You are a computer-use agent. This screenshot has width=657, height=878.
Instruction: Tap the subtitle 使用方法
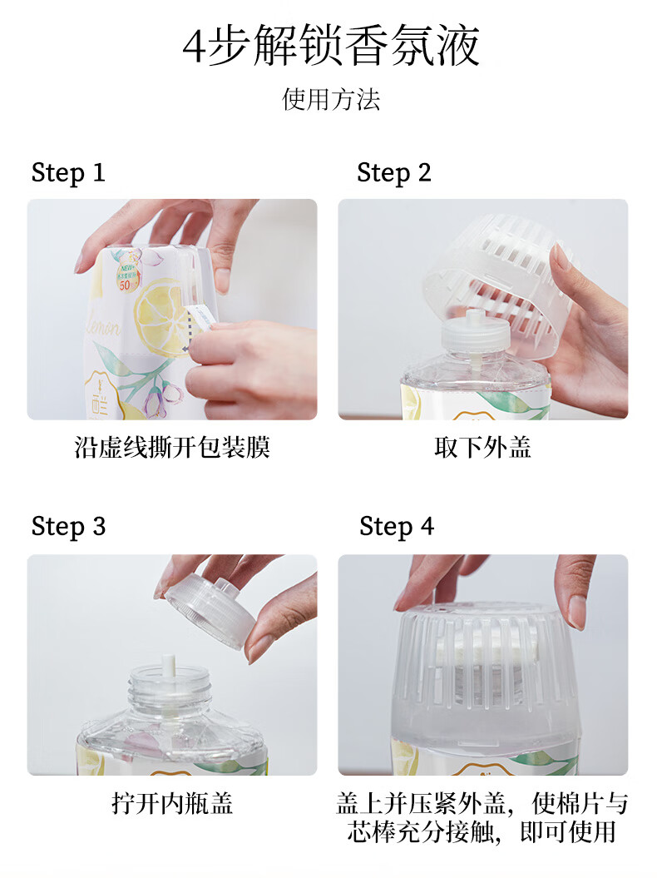[331, 100]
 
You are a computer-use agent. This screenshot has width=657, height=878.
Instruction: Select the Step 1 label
[68, 172]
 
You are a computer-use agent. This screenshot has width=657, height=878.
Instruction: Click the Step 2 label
[394, 172]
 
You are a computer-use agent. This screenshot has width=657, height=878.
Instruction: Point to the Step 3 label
[68, 526]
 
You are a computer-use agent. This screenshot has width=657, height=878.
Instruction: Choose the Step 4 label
[396, 526]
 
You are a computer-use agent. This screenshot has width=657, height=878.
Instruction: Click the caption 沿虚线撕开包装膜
[172, 448]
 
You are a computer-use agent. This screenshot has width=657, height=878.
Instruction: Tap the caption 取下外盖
[482, 448]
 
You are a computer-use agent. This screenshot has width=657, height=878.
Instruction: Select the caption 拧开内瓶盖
[172, 804]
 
